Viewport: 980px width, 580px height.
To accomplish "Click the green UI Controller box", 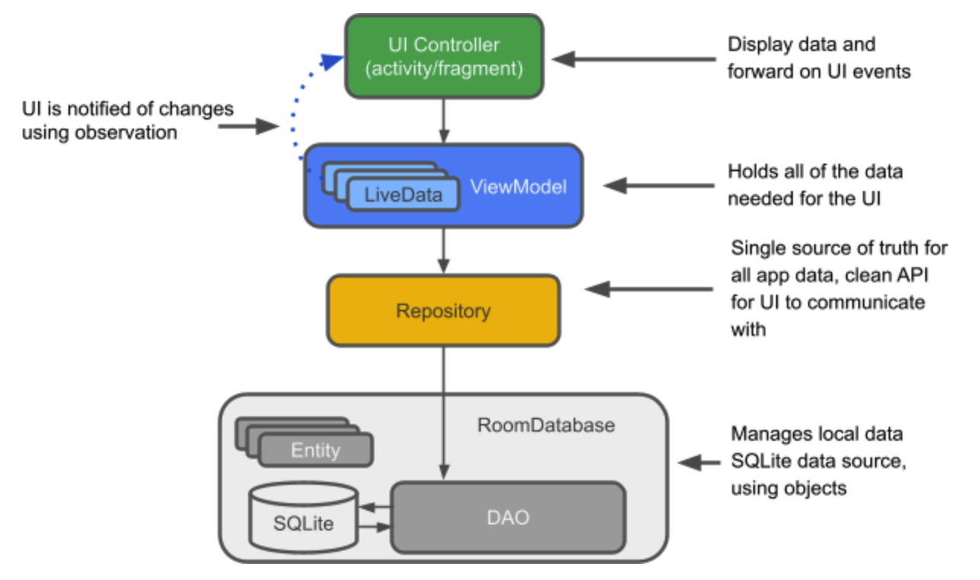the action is pyautogui.click(x=444, y=56).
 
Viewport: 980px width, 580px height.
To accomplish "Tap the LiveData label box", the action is pyautogui.click(x=403, y=194).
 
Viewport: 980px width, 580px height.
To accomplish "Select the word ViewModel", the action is pyautogui.click(x=518, y=187).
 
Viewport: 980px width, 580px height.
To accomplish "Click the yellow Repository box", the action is pyautogui.click(x=444, y=311).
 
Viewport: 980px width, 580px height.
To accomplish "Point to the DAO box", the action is pyautogui.click(x=508, y=518).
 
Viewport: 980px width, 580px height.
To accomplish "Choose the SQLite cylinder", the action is pyautogui.click(x=304, y=518).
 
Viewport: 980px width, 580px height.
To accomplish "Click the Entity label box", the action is pyautogui.click(x=316, y=450).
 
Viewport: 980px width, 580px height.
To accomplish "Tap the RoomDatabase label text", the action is pyautogui.click(x=546, y=425).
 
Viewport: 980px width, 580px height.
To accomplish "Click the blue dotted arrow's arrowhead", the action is pyautogui.click(x=332, y=62).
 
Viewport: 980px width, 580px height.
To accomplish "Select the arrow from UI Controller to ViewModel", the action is pyautogui.click(x=444, y=121).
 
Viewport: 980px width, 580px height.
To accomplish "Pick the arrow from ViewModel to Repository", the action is pyautogui.click(x=444, y=251).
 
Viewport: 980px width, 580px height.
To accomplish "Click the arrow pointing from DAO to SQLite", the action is pyautogui.click(x=375, y=508).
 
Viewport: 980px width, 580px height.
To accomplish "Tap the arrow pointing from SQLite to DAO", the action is pyautogui.click(x=375, y=527).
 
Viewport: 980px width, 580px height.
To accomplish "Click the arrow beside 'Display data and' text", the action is pyautogui.click(x=634, y=59).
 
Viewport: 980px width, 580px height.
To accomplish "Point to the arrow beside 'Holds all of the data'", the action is pyautogui.click(x=659, y=186).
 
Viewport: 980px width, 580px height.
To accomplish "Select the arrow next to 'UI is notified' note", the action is pyautogui.click(x=249, y=126).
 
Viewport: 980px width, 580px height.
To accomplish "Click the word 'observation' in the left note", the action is pyautogui.click(x=126, y=132).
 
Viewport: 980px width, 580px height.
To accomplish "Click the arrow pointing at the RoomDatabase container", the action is pyautogui.click(x=699, y=463).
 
